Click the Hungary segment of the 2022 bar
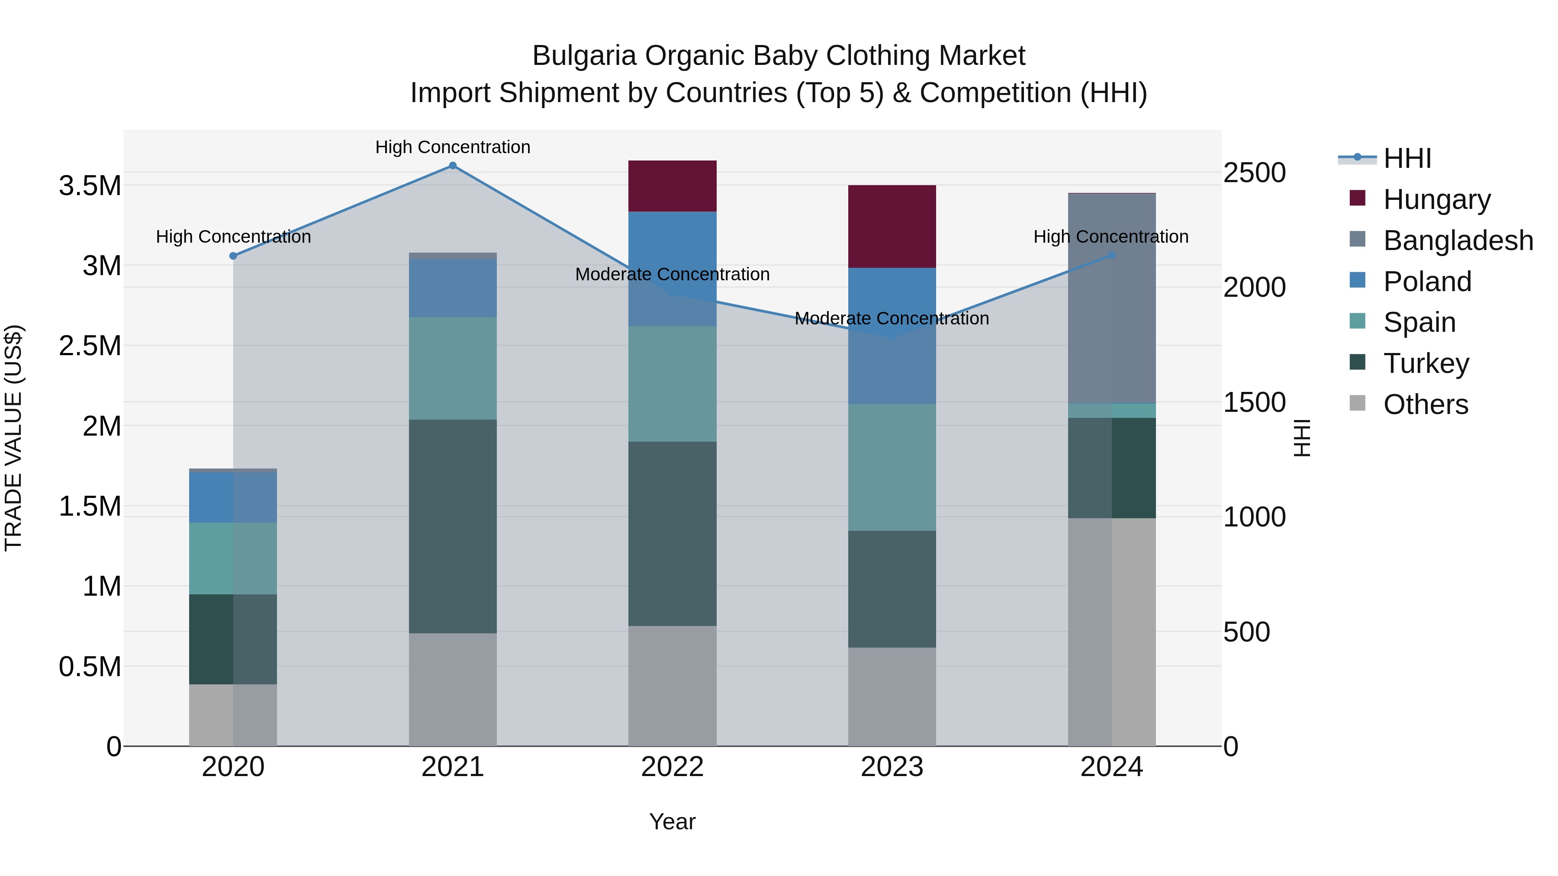(672, 186)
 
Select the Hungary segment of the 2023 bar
(892, 227)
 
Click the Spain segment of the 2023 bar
(892, 467)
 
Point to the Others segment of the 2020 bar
(233, 715)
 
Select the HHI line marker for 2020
(233, 256)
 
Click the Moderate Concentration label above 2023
(892, 318)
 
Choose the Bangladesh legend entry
(1458, 241)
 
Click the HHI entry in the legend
(1407, 158)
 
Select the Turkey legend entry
(1426, 363)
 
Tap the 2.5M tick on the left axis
(90, 346)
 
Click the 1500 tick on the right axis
(1254, 403)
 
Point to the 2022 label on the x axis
(672, 767)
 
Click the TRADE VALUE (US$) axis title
(13, 438)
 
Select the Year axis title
(672, 821)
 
